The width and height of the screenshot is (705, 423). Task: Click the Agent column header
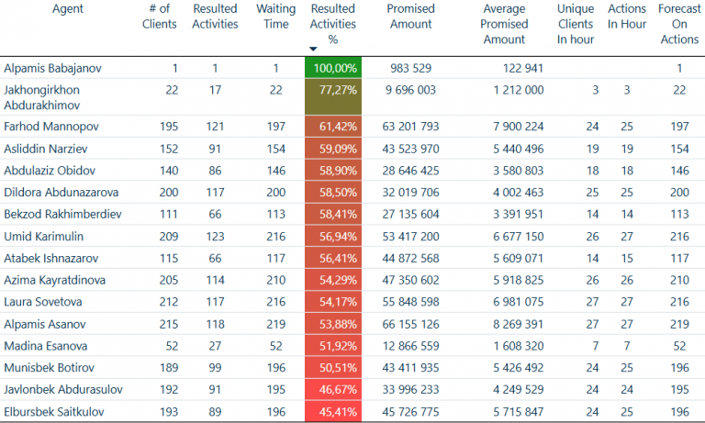click(68, 9)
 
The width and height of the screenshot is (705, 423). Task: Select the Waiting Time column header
click(276, 17)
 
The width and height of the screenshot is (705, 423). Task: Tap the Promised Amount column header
click(410, 17)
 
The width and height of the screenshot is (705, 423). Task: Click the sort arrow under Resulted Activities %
click(313, 49)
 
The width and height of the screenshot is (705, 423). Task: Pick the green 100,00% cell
click(333, 68)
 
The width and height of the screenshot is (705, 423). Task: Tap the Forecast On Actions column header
click(679, 24)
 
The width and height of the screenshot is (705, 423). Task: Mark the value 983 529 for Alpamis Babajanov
click(416, 68)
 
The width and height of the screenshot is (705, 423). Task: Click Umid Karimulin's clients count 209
click(166, 237)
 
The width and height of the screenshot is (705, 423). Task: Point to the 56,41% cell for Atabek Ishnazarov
click(333, 259)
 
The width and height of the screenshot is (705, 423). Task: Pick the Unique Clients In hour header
click(576, 24)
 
